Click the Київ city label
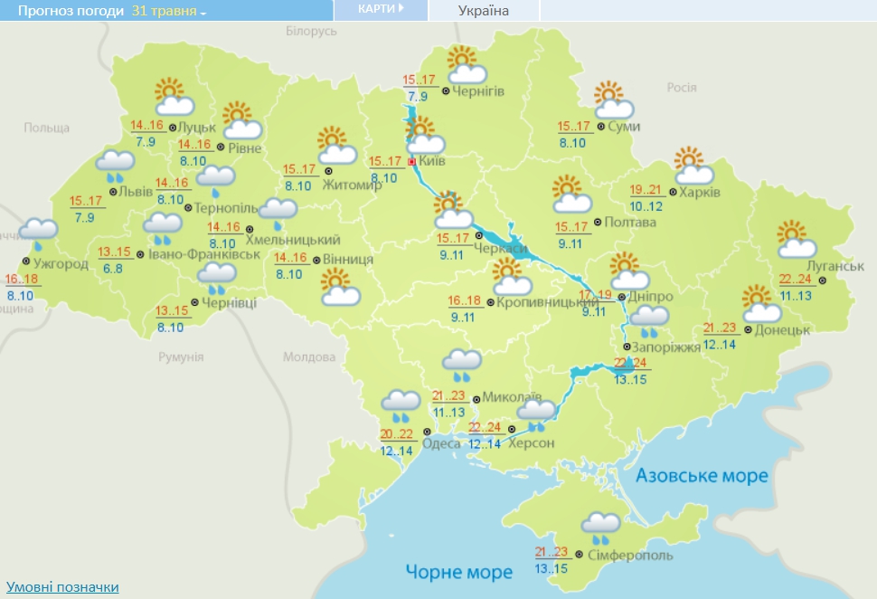(435, 162)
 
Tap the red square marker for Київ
(412, 162)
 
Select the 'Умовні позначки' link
(62, 587)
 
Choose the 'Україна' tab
(483, 11)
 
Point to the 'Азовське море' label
(702, 476)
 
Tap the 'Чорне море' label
(459, 572)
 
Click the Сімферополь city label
(630, 554)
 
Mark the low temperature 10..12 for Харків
(646, 206)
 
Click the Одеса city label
(441, 442)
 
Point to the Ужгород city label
(62, 264)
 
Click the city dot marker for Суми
(601, 127)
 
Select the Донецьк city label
(780, 329)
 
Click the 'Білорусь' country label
(311, 32)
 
